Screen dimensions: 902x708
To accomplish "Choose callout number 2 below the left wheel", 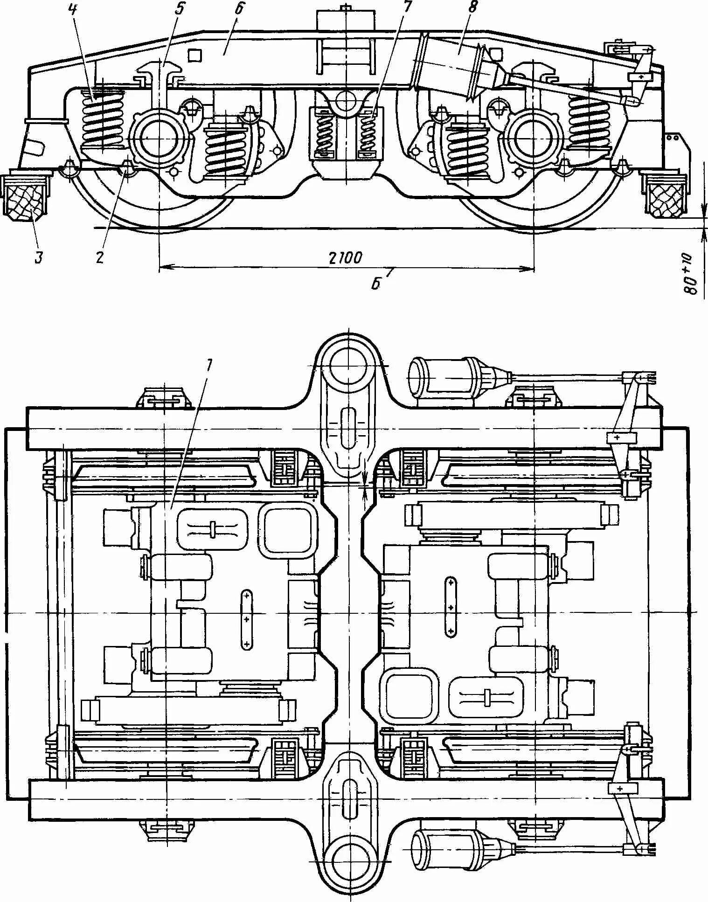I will click(x=99, y=257).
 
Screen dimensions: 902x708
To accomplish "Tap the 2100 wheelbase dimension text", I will click(x=346, y=258).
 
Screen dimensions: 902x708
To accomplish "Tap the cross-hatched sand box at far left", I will click(x=26, y=198).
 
